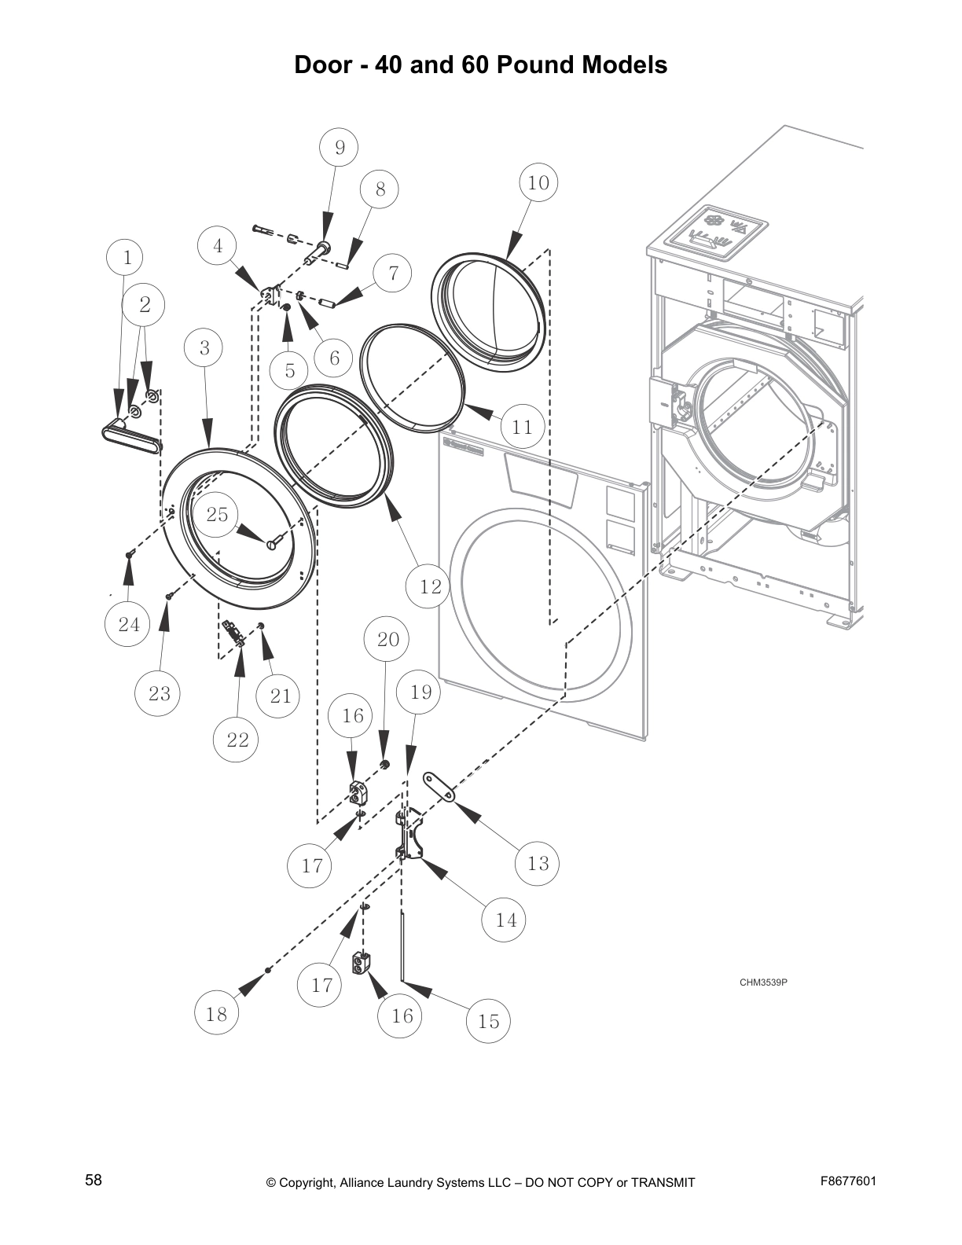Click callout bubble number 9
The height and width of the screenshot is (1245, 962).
340,147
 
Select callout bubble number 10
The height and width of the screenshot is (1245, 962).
538,182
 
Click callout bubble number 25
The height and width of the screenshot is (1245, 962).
217,514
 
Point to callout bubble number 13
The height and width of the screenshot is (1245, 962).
538,863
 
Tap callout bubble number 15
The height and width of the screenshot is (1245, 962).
488,1021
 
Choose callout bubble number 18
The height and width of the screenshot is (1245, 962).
216,1014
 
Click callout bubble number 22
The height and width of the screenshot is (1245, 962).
237,739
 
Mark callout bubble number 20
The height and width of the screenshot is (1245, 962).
388,639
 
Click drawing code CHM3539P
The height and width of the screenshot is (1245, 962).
763,982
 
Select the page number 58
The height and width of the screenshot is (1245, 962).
94,1180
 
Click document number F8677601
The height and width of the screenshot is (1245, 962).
848,1181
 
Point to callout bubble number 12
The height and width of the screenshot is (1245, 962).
431,586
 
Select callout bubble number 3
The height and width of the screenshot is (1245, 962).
204,347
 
